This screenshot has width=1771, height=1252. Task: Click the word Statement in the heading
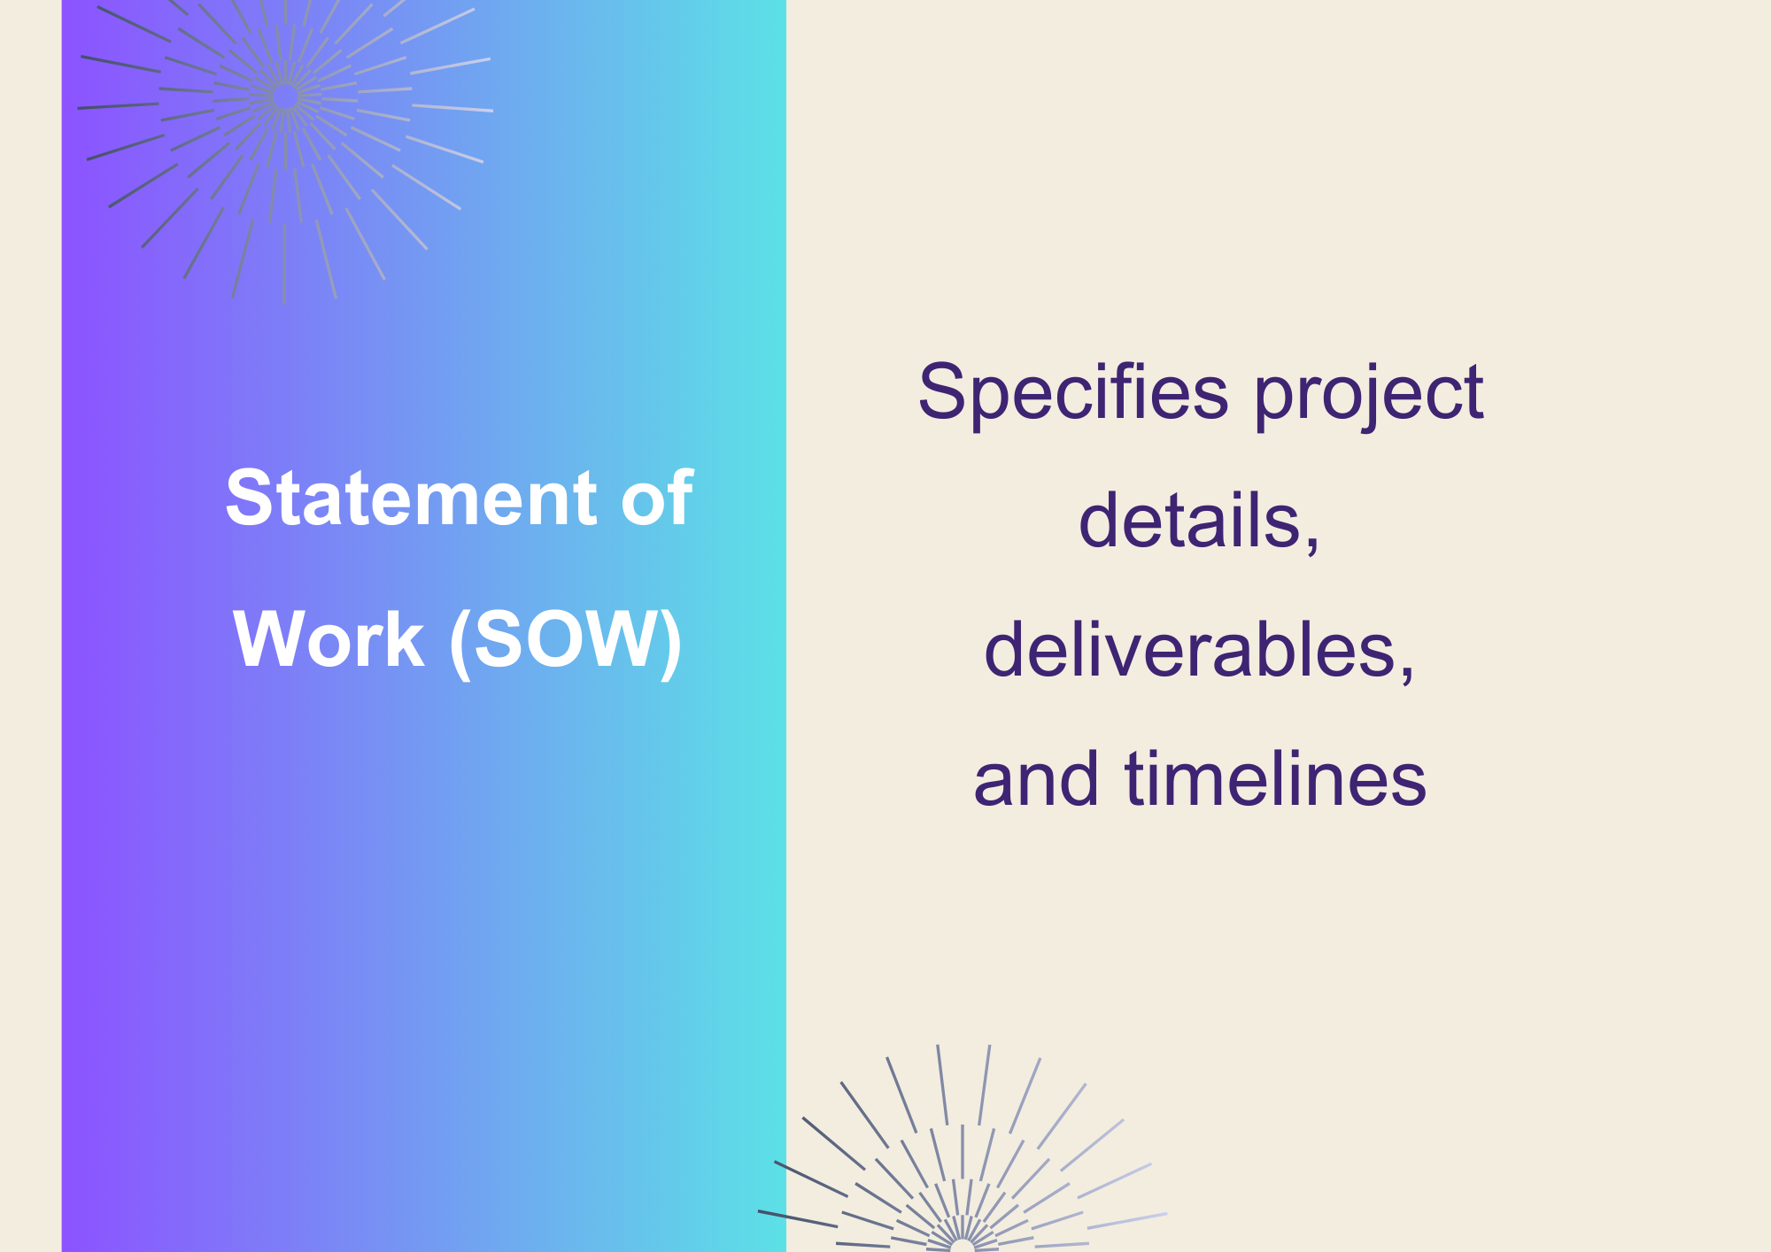[412, 498]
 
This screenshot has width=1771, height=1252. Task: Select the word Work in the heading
[329, 639]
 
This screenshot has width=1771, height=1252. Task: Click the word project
[1369, 395]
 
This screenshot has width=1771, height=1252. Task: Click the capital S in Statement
[249, 498]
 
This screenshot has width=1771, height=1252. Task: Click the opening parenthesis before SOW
[461, 644]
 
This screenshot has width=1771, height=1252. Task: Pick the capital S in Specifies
[940, 391]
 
